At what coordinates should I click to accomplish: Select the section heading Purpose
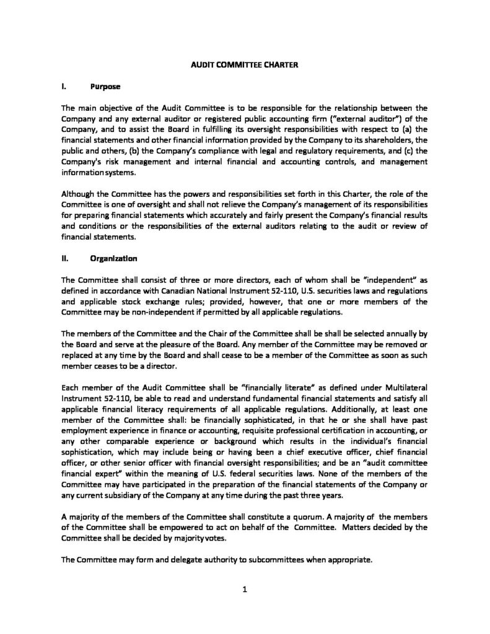click(104, 86)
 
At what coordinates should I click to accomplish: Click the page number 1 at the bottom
click(245, 589)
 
